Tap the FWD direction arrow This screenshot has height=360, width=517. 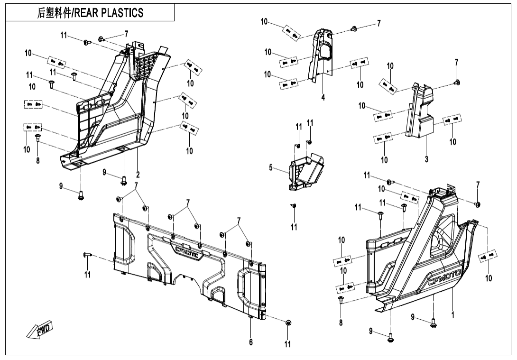tap(40, 330)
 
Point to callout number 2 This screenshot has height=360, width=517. tap(138, 175)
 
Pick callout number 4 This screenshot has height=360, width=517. tap(323, 98)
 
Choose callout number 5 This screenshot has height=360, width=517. tap(271, 167)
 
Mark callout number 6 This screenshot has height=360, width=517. tap(251, 343)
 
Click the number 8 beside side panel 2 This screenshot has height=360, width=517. tap(38, 160)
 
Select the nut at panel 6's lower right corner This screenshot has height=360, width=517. tap(287, 323)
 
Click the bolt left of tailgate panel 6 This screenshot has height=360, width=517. tap(85, 255)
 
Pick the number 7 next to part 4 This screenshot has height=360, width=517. tap(379, 24)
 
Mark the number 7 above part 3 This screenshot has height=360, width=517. tap(456, 62)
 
